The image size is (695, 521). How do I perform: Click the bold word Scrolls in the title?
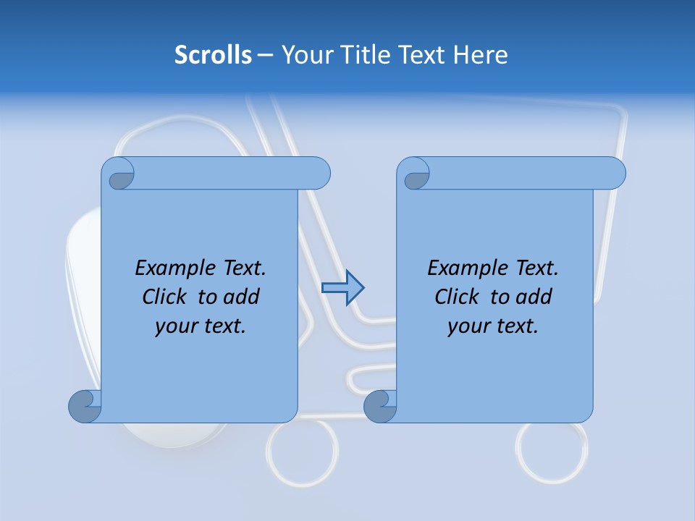(x=213, y=54)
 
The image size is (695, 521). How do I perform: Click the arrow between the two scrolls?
(x=342, y=288)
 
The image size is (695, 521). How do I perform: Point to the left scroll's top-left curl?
(x=119, y=174)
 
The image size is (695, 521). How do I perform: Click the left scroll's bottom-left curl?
(x=85, y=406)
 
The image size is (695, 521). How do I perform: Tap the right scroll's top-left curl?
(x=415, y=174)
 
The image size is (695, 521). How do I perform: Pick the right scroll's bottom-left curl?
(x=380, y=406)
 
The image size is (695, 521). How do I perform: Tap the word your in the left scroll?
(x=174, y=326)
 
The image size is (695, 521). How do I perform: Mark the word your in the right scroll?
(x=466, y=326)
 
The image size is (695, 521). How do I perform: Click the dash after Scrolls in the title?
(x=265, y=54)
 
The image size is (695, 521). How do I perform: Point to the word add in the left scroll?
(x=243, y=297)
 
